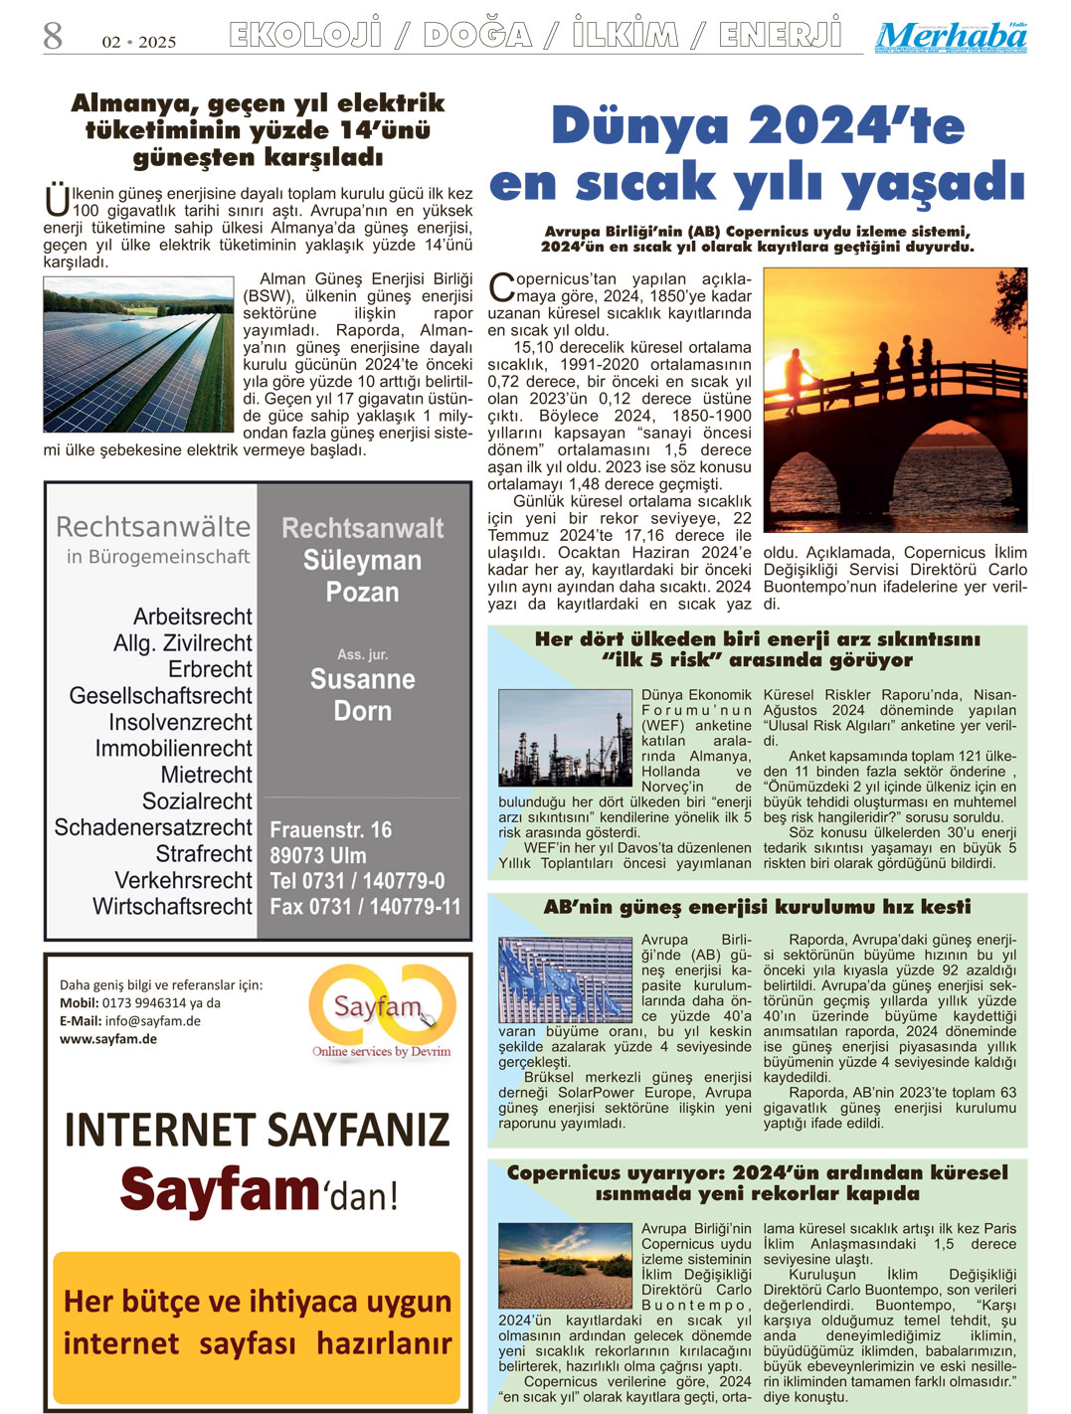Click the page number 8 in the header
[53, 37]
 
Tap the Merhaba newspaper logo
[951, 37]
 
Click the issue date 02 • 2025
[138, 42]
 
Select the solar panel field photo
[138, 354]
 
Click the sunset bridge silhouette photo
[894, 400]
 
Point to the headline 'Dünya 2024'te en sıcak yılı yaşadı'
[757, 154]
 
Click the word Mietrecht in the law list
[206, 775]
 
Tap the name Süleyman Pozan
[362, 576]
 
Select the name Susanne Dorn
[362, 695]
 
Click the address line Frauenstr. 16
[330, 829]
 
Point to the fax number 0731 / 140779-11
[365, 906]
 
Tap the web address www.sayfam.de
[108, 1039]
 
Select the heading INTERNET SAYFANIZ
[257, 1130]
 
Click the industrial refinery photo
[564, 739]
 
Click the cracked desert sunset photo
[564, 1266]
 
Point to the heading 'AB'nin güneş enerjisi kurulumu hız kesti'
[757, 907]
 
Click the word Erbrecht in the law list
[210, 669]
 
